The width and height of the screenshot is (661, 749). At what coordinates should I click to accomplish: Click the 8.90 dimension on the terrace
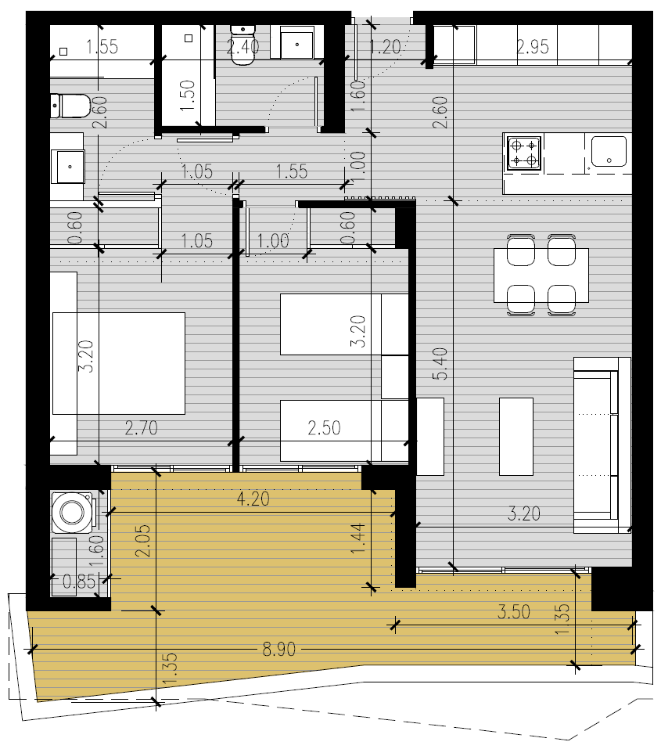click(x=279, y=649)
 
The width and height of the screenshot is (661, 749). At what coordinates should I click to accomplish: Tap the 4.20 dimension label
click(x=253, y=499)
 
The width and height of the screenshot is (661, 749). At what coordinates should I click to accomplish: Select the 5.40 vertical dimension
click(x=441, y=364)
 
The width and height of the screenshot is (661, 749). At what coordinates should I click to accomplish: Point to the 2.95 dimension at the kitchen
click(x=533, y=47)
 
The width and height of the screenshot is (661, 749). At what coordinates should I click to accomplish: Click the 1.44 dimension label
click(x=358, y=538)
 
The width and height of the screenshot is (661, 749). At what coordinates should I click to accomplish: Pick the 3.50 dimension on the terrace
click(x=513, y=612)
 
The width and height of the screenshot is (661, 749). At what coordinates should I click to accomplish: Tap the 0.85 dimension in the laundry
click(x=79, y=582)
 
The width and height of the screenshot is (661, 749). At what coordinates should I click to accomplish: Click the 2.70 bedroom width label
click(x=141, y=427)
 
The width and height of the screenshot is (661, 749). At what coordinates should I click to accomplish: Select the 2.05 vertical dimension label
click(x=143, y=541)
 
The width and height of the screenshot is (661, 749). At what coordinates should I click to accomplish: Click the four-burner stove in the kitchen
click(x=523, y=153)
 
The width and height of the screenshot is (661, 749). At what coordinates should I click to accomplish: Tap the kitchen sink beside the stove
click(x=609, y=151)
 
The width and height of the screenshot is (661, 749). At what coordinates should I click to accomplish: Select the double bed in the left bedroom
click(x=118, y=363)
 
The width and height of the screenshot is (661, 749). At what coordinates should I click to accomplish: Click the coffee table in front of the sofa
click(x=516, y=437)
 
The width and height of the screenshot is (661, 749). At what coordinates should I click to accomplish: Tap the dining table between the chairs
click(x=541, y=275)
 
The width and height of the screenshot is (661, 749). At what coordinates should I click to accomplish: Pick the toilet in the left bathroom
click(x=70, y=106)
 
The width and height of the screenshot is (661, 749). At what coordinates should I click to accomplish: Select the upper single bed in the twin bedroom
click(x=344, y=324)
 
